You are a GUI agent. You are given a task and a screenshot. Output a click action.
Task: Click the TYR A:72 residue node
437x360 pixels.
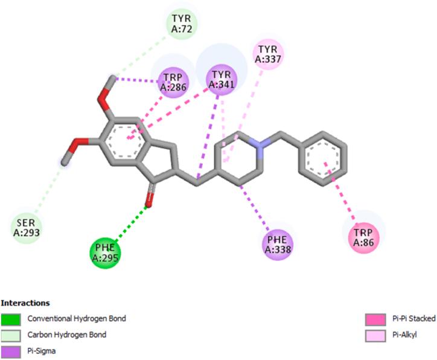coord(182,24)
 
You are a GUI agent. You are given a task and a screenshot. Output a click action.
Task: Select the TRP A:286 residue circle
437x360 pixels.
coord(174,82)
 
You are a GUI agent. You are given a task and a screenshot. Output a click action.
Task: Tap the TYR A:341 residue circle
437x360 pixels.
coord(222,77)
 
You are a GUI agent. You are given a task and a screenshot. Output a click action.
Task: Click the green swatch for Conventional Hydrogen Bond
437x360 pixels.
coord(11,318)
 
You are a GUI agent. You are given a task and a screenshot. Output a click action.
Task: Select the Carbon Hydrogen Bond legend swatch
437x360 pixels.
coord(11,333)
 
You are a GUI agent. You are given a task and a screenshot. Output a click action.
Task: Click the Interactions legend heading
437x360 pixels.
coord(25,303)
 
